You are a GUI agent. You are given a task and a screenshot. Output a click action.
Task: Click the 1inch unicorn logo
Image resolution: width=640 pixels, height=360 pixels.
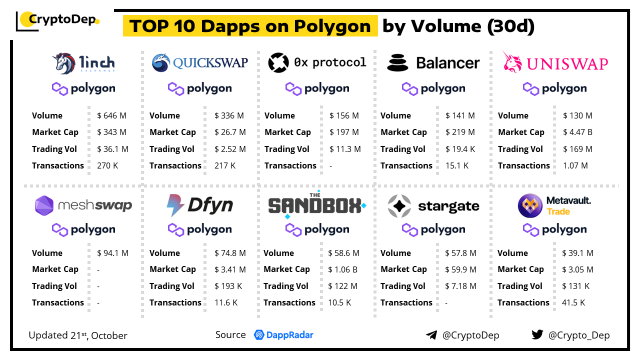click(x=64, y=63)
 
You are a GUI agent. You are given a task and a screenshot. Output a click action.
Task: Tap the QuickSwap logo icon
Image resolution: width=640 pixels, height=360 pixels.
click(x=161, y=63)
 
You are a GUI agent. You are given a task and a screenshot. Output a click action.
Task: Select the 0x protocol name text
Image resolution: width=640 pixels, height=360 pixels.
click(x=330, y=62)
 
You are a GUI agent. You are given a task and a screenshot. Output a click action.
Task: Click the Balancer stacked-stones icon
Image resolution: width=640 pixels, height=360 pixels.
click(x=397, y=63)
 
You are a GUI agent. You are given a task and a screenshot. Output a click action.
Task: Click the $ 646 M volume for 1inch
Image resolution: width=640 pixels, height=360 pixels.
click(x=111, y=115)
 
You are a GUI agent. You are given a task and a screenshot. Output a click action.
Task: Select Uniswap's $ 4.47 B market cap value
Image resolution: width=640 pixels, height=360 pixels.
click(x=578, y=132)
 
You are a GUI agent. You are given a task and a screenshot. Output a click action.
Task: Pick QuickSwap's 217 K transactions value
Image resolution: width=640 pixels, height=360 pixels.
click(x=225, y=165)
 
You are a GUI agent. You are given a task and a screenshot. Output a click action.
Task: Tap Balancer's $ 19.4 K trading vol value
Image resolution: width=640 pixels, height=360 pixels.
click(x=460, y=149)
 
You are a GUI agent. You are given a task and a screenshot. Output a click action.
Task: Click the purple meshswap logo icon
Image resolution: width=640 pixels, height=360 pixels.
click(x=44, y=205)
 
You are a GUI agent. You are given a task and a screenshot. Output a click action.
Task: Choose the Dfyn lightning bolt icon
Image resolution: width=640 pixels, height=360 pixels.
click(x=175, y=205)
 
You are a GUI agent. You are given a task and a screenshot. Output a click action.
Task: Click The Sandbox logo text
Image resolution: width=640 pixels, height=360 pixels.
click(x=315, y=205)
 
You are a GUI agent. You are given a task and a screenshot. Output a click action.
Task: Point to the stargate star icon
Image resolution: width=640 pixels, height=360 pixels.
click(x=399, y=206)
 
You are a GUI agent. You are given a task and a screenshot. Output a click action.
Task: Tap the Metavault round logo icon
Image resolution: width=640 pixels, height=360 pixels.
click(x=530, y=205)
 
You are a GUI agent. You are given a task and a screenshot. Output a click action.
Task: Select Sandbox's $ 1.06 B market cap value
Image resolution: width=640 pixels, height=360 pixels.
click(x=342, y=269)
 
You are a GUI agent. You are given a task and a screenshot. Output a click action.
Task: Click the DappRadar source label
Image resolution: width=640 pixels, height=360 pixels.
click(x=283, y=335)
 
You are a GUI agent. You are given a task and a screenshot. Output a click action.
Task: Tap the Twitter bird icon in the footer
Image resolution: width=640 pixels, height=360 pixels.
click(x=537, y=335)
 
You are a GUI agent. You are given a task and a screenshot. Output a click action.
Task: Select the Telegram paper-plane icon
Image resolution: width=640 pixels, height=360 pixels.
click(x=431, y=335)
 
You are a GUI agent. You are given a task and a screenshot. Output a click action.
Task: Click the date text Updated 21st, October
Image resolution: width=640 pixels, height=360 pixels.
click(x=78, y=335)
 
